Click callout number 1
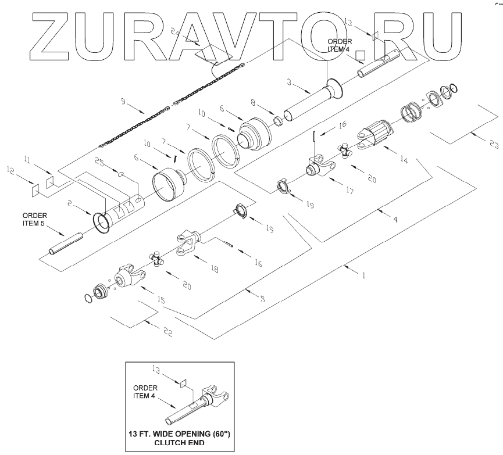pos(365,277)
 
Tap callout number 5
pos(262,299)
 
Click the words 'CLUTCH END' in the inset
pos(180,442)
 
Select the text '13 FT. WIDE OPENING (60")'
pos(180,433)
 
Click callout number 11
pos(27,157)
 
